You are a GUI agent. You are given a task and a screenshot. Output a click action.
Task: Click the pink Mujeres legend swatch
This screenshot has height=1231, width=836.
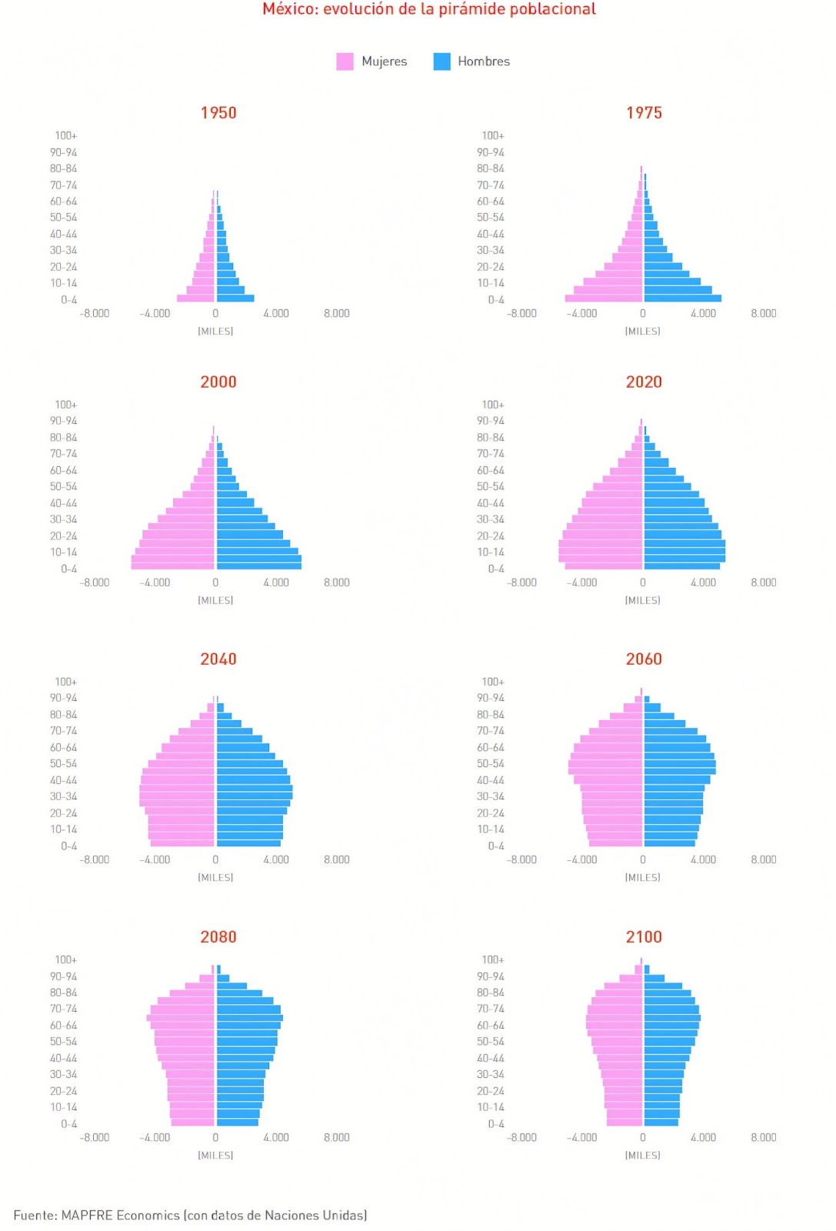point(345,62)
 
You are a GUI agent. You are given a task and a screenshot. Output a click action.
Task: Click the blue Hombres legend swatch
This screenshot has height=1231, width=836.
point(441,62)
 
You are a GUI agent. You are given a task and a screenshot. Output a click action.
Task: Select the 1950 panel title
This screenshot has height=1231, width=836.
point(218,112)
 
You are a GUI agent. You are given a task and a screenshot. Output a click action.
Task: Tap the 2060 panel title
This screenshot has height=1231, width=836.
point(644,659)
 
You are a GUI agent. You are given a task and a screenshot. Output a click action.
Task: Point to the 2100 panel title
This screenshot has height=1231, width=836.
point(644,936)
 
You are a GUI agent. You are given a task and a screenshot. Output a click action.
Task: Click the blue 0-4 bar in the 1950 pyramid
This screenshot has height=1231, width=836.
point(235,299)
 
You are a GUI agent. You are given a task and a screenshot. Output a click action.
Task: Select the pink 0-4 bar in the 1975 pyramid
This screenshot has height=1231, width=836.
point(604,299)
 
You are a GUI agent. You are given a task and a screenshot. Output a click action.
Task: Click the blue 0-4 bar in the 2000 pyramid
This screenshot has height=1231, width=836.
point(258,566)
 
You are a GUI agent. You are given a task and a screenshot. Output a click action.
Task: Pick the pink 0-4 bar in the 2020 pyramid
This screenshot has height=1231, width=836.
point(604,566)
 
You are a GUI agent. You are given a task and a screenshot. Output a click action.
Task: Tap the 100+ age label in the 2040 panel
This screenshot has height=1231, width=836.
point(66,682)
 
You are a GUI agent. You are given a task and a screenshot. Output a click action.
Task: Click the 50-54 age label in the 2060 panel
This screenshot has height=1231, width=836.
point(491,764)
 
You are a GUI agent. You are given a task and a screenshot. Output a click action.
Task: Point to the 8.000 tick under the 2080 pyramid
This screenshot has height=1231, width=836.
point(337,1137)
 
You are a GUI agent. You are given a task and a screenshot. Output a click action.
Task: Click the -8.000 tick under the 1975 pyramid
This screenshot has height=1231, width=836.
point(521,313)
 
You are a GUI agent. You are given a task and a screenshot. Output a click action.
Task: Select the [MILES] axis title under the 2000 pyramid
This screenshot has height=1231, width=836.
point(215,600)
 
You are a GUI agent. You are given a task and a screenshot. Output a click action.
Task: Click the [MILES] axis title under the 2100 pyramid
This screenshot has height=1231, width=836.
point(643,1155)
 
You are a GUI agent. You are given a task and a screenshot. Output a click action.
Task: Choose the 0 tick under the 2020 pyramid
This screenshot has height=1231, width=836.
point(643,582)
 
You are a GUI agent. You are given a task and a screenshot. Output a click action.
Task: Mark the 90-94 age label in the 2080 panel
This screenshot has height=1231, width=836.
point(63,976)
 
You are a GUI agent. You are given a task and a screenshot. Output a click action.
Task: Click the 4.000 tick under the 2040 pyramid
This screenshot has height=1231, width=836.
point(276,859)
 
